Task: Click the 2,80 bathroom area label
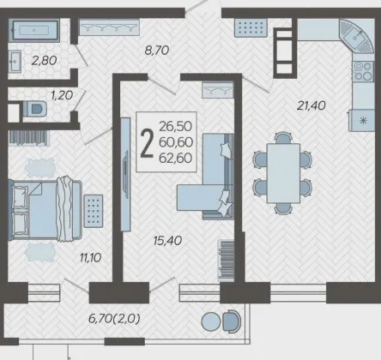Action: tap(44, 61)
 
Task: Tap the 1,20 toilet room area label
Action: tap(62, 95)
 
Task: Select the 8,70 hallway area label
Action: tap(157, 51)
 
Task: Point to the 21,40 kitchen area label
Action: tap(311, 106)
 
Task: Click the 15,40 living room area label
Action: tap(167, 241)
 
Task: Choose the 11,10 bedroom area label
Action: tap(90, 258)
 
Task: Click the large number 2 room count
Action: tap(148, 143)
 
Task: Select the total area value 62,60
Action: tap(175, 158)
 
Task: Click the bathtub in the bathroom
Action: tap(34, 29)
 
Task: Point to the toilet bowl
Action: tap(34, 109)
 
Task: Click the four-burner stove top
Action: tap(363, 71)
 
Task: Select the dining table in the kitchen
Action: tap(283, 173)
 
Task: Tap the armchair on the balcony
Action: tap(232, 321)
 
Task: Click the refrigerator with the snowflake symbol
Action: tap(361, 120)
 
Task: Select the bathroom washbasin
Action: tap(15, 62)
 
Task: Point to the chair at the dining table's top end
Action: tap(283, 137)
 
